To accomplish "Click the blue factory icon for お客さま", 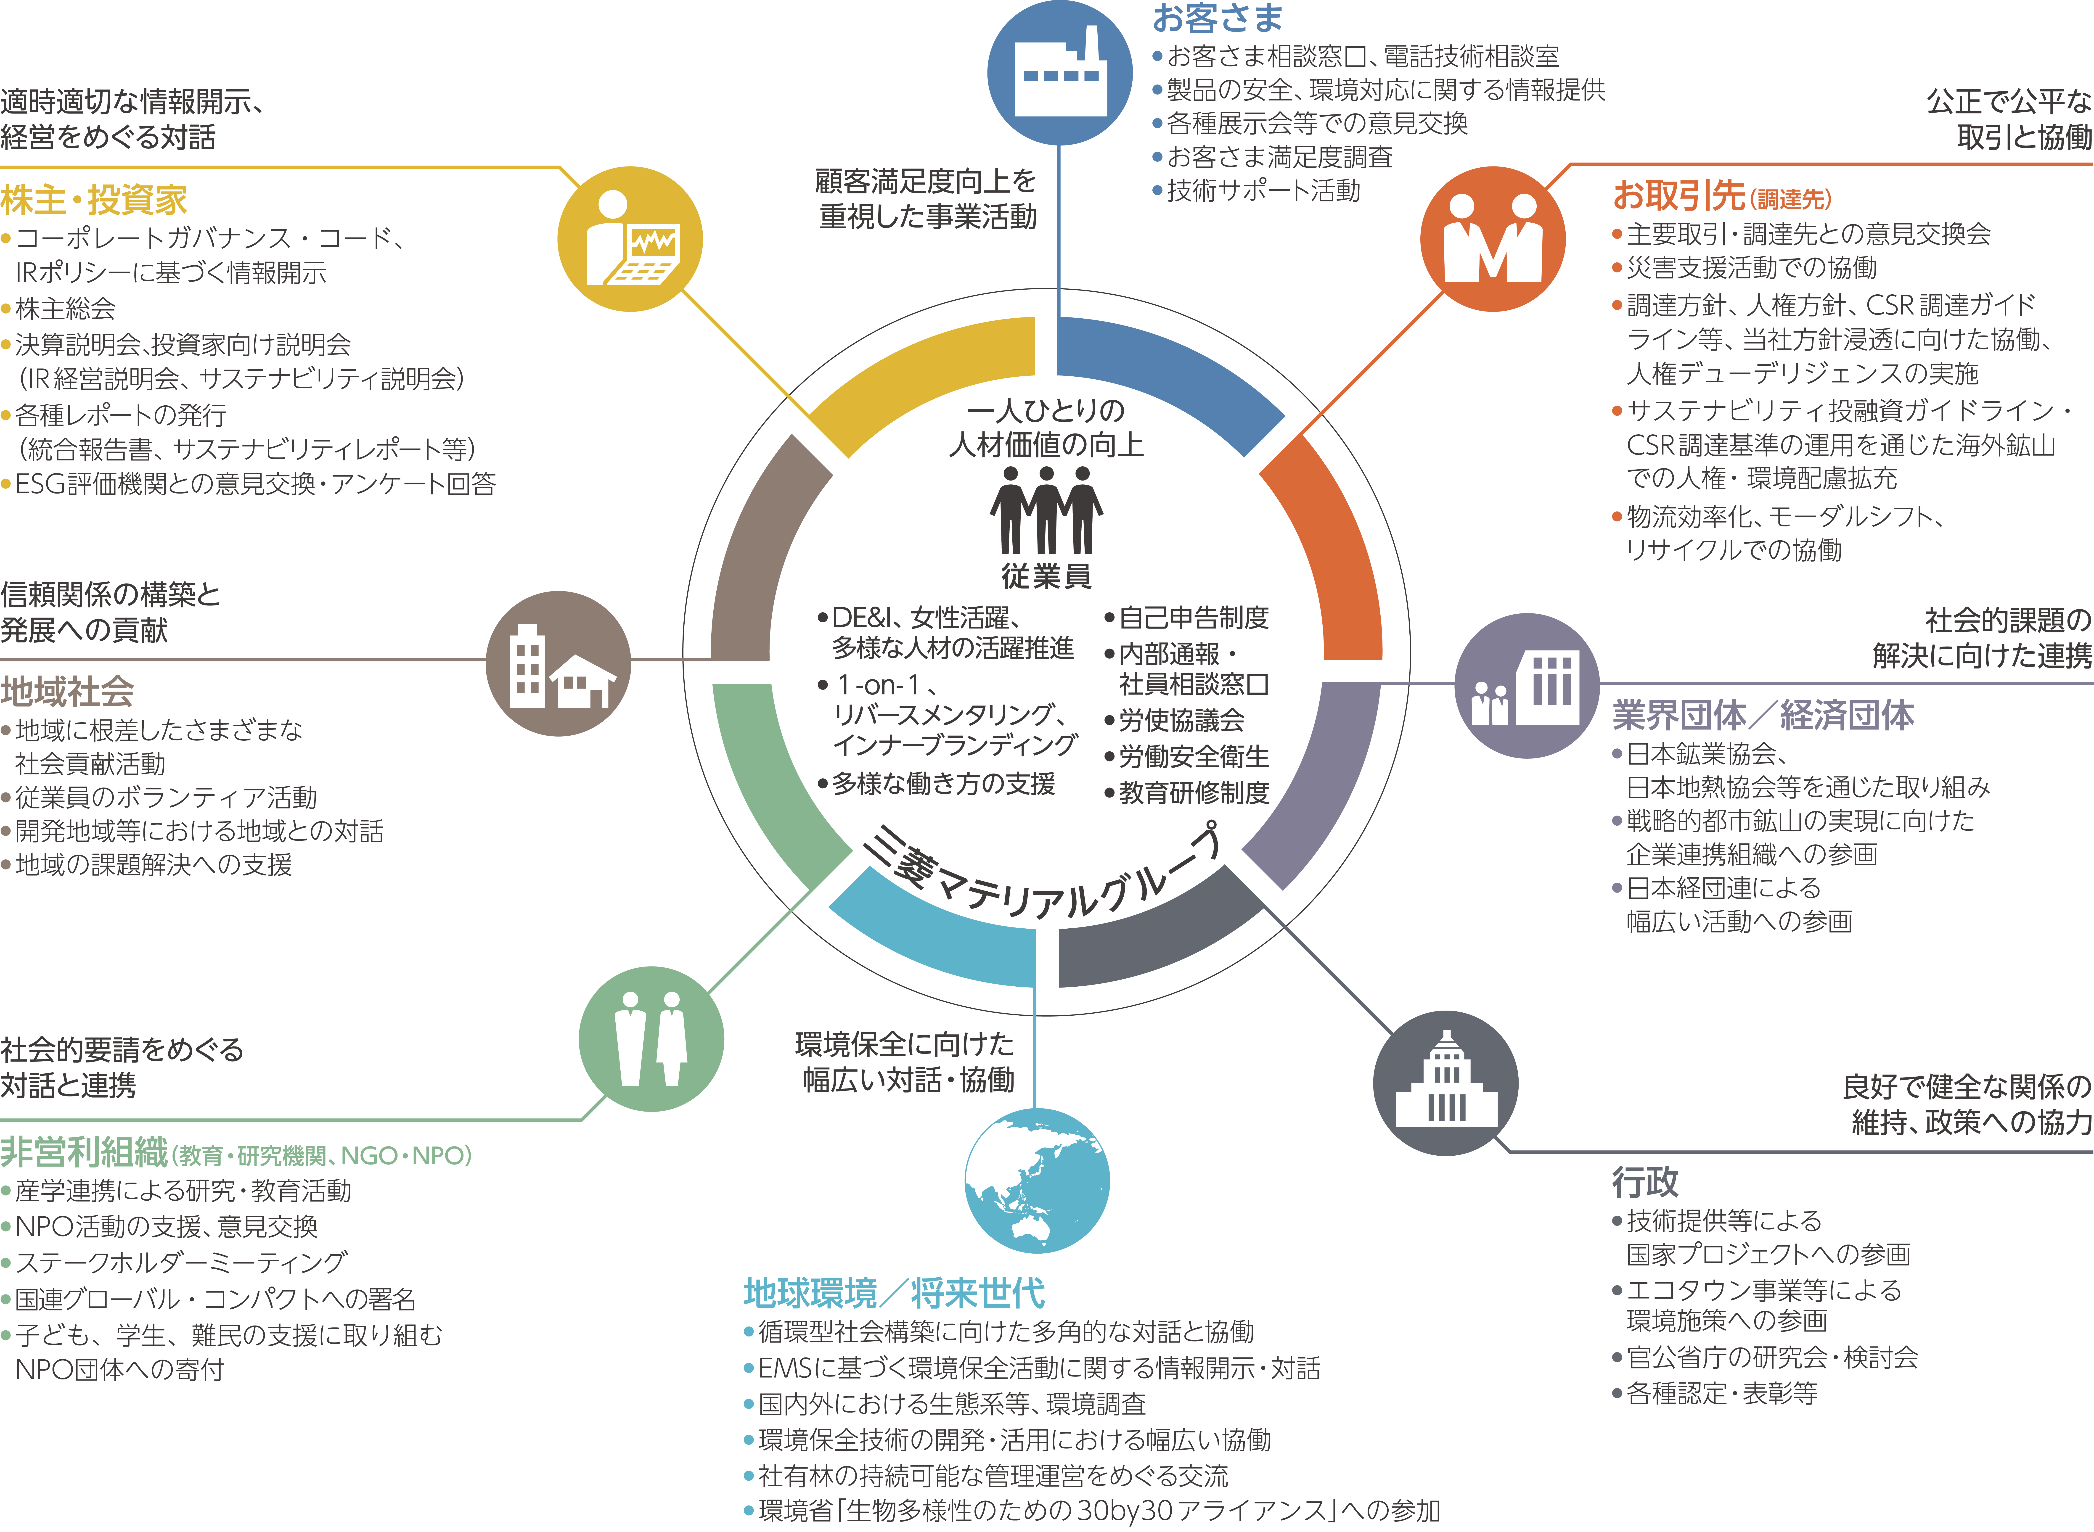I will coord(1059,72).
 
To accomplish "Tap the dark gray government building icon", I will coord(1445,1082).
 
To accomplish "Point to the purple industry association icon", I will coord(1526,685).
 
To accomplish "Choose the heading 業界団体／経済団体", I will coord(1762,715).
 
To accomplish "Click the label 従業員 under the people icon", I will coord(1046,576).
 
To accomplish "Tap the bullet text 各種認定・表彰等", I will coord(1721,1393).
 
